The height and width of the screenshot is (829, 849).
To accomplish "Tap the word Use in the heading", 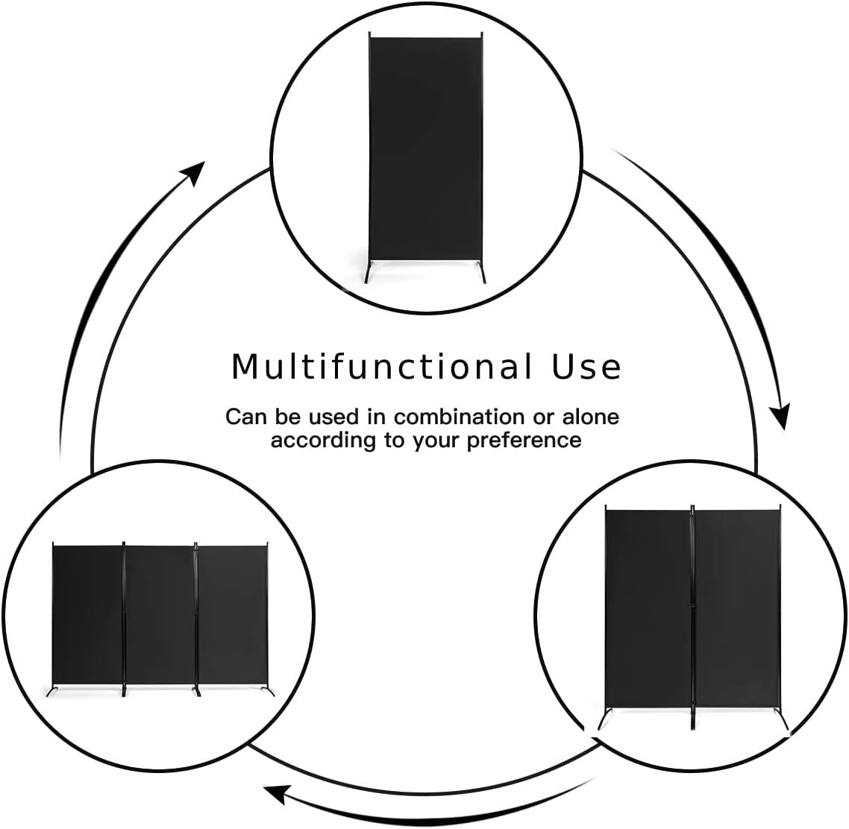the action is [x=586, y=367].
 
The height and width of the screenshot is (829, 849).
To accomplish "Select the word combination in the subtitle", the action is [x=459, y=417].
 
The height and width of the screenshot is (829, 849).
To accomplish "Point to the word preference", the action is [x=524, y=441].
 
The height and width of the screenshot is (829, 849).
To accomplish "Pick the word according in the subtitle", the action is [x=324, y=441].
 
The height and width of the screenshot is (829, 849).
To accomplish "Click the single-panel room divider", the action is [x=425, y=157].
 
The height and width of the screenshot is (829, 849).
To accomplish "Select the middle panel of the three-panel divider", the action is [x=160, y=615].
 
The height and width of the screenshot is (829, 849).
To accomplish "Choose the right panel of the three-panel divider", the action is [x=233, y=615].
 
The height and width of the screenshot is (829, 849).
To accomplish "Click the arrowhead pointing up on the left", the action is [x=194, y=172].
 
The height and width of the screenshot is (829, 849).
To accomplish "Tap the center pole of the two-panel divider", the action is [x=692, y=617].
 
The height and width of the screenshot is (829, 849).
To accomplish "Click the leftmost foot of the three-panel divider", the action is [x=52, y=691].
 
